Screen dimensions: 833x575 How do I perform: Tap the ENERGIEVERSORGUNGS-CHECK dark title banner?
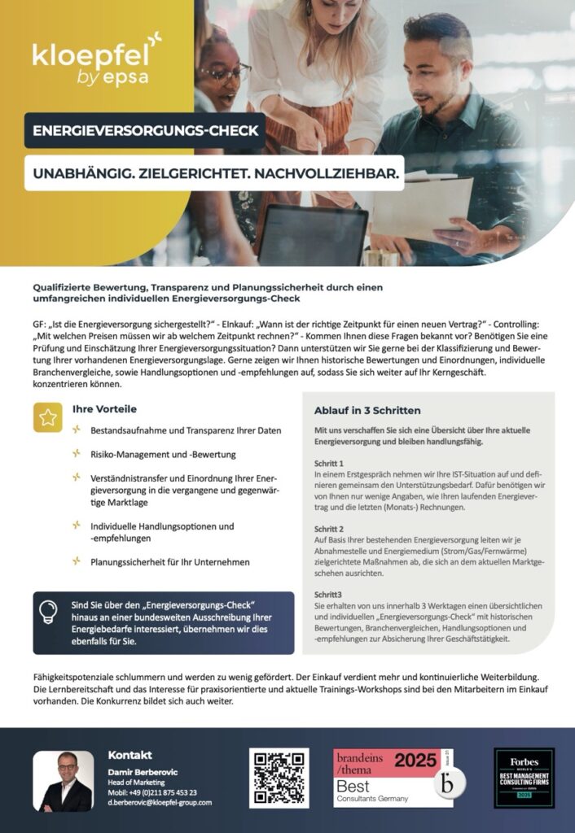pos(145,130)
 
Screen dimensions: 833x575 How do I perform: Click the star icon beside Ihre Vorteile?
pos(48,417)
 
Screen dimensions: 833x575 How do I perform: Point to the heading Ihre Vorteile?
pos(104,409)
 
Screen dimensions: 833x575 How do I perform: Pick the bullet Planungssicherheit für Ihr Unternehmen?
pos(169,561)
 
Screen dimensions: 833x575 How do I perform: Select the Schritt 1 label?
pos(329,462)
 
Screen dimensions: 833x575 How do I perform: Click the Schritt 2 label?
pos(329,529)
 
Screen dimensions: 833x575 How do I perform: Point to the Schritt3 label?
pos(328,595)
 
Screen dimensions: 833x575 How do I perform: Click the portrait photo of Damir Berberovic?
pos(63,781)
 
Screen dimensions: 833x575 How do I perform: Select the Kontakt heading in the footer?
pos(129,755)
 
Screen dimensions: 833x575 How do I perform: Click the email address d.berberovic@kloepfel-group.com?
pos(160,802)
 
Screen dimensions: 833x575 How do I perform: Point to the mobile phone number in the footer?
pos(152,792)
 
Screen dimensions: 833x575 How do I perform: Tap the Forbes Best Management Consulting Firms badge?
pos(524,778)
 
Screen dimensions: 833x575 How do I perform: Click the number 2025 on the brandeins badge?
pos(415,761)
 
